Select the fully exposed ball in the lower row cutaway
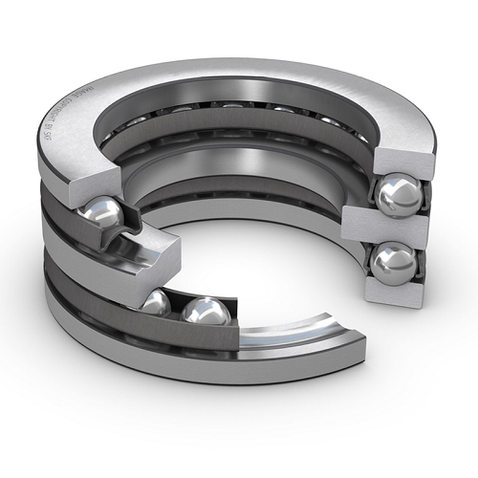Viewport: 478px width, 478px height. pos(206,311)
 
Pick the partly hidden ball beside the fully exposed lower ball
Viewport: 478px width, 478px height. pos(156,305)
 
